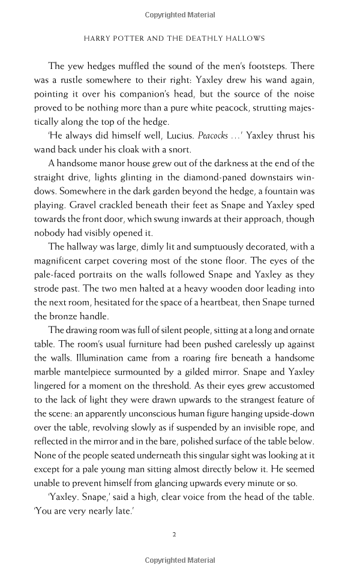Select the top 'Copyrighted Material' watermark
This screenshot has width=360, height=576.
[180, 15]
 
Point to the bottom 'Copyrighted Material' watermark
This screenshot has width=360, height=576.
[180, 560]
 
